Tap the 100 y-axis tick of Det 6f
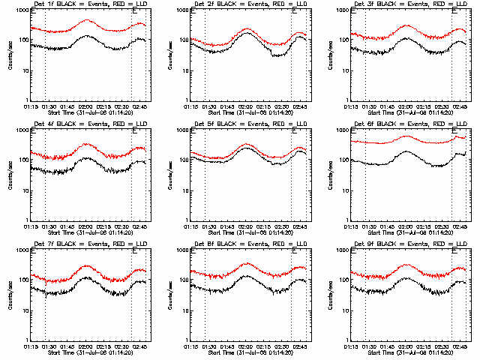341,160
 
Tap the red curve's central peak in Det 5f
247,143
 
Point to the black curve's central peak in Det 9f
407,278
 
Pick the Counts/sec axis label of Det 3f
330,56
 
